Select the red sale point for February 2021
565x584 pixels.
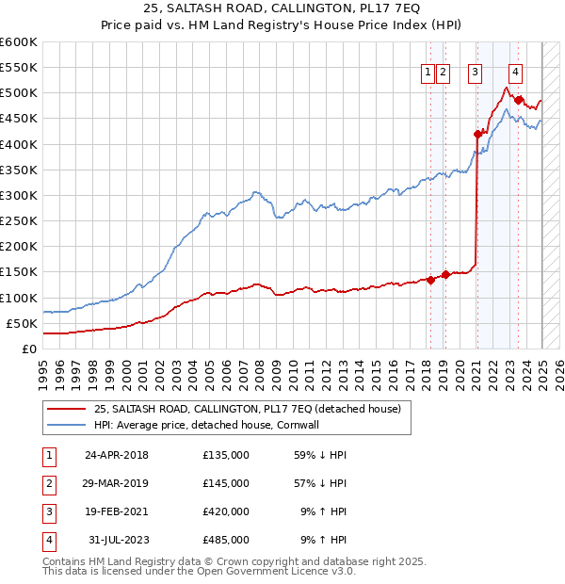[x=477, y=134]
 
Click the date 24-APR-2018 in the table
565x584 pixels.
[x=117, y=455]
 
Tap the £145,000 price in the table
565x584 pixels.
[x=226, y=483]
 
